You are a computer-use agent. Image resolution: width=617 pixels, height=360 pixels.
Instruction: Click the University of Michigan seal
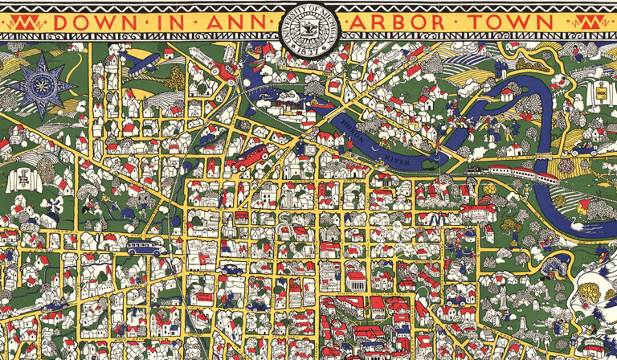[x=308, y=30]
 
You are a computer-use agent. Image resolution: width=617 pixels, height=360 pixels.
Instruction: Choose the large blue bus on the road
[x=145, y=247]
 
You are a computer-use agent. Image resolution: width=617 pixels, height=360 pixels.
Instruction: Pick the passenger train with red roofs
[x=514, y=171]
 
